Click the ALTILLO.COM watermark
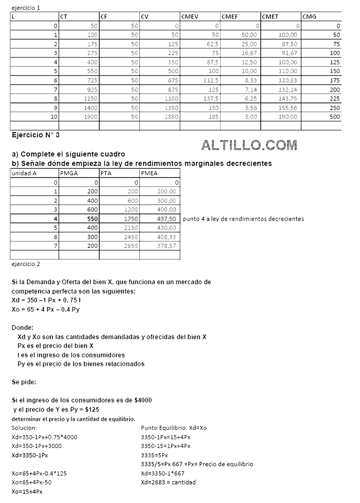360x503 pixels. click(x=249, y=145)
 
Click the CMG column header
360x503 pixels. click(x=310, y=16)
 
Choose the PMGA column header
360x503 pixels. click(x=69, y=173)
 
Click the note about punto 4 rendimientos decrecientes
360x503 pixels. click(x=243, y=219)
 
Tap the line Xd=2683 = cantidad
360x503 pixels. click(x=168, y=482)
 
